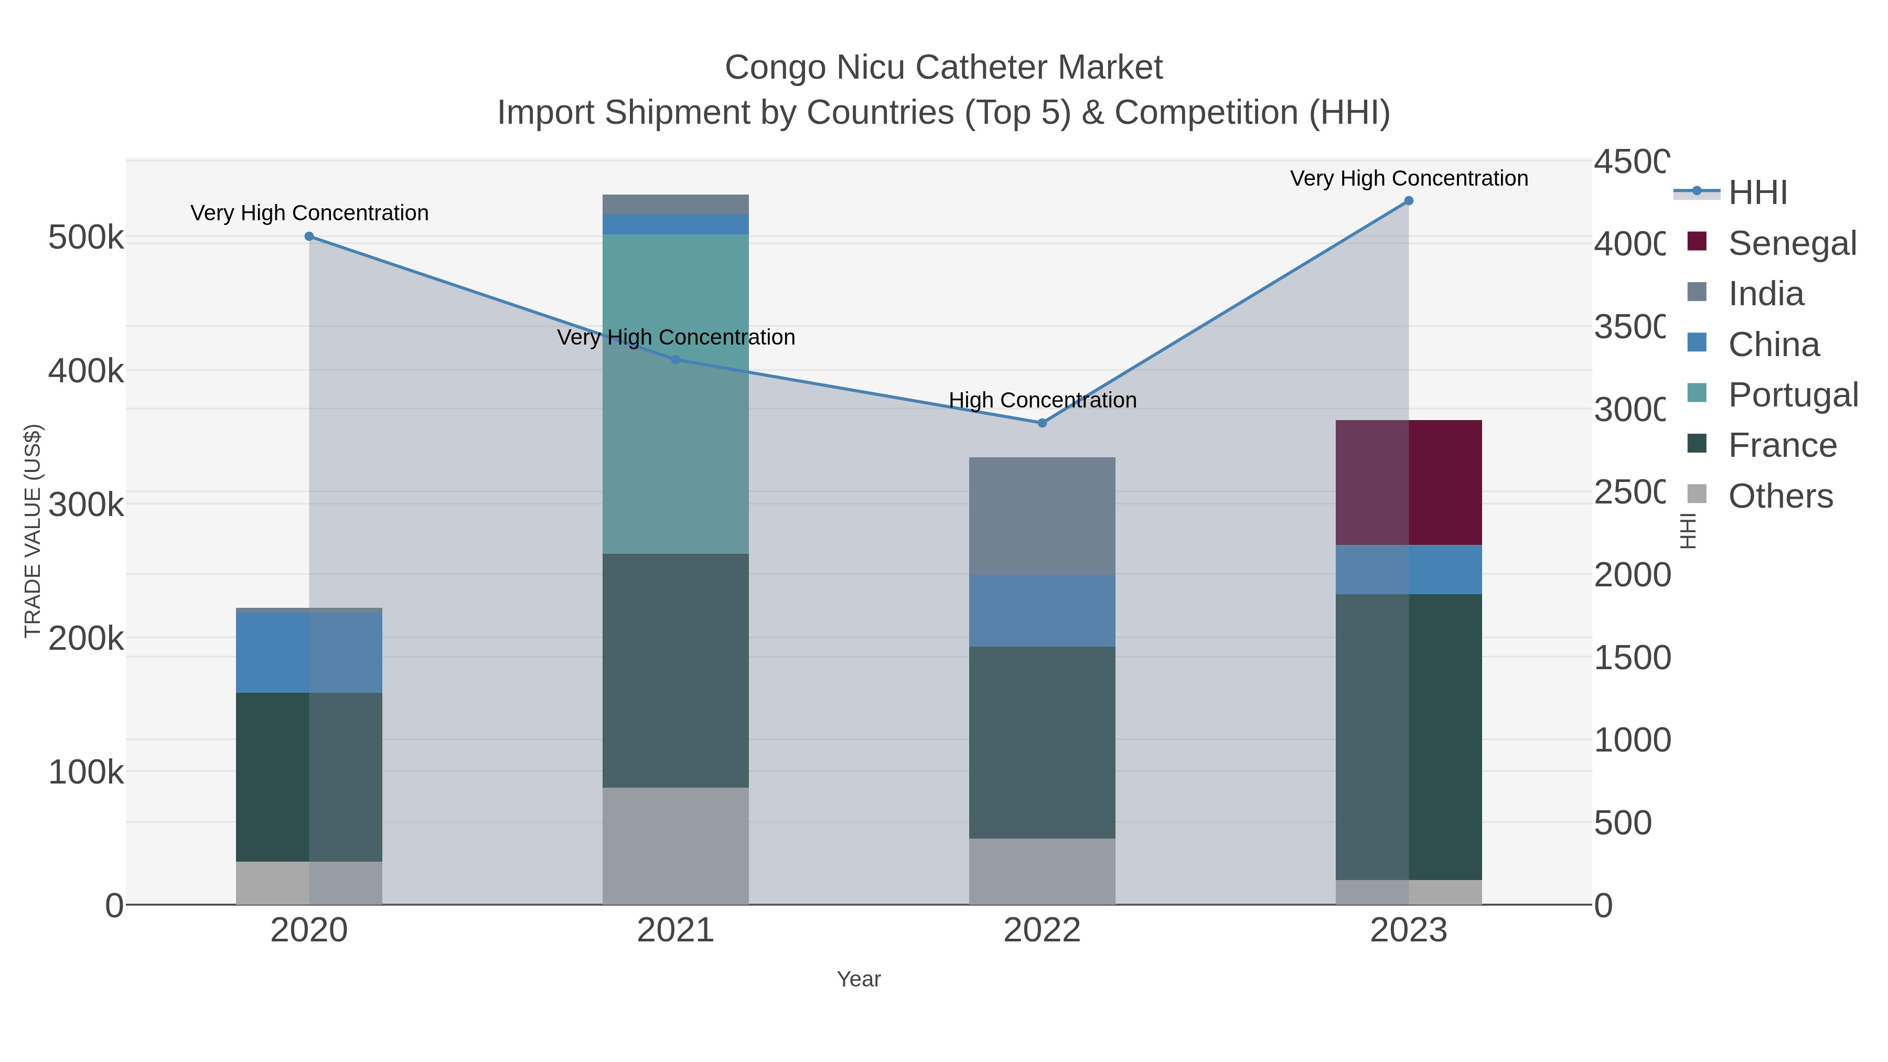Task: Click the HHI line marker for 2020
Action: (309, 237)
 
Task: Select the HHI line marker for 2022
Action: (1042, 423)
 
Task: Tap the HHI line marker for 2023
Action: (1408, 201)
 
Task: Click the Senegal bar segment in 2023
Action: (1408, 482)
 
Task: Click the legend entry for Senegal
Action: (1792, 243)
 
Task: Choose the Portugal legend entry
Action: (1792, 395)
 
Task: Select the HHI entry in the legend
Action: (1757, 193)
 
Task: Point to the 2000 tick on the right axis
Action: (1632, 575)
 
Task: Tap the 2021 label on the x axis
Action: (675, 931)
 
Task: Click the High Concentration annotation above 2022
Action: (1042, 400)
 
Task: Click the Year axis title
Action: (858, 979)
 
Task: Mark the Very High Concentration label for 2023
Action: (1409, 178)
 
